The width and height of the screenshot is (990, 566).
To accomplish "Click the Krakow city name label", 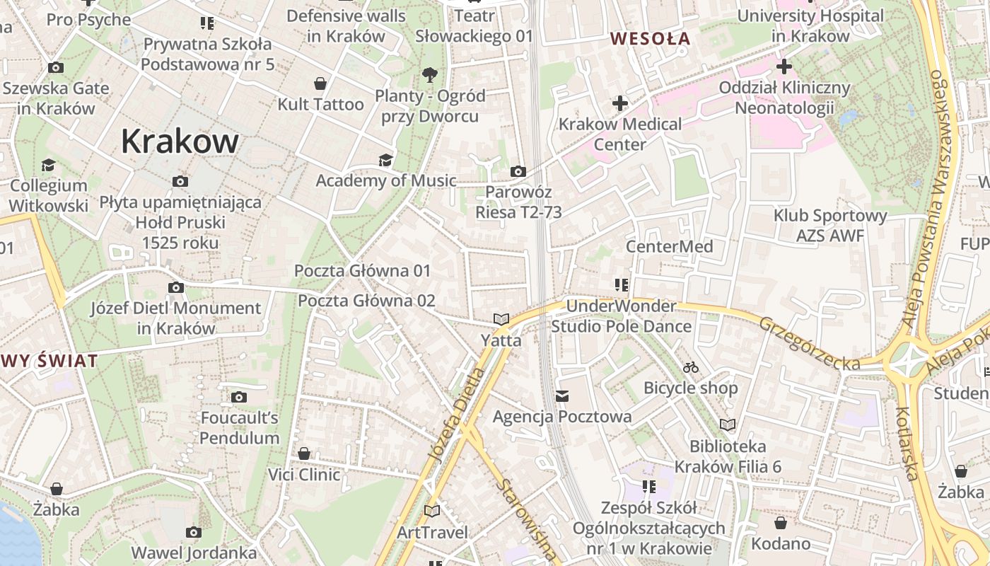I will pyautogui.click(x=180, y=141).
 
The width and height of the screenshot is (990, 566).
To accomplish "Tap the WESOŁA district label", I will pyautogui.click(x=650, y=38).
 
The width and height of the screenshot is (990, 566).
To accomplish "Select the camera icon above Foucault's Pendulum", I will pyautogui.click(x=239, y=397).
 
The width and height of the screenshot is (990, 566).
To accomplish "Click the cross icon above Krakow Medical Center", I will pyautogui.click(x=620, y=103).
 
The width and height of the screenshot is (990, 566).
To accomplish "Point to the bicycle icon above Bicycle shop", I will pyautogui.click(x=691, y=367).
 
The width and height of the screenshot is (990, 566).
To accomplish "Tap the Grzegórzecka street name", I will pyautogui.click(x=810, y=343).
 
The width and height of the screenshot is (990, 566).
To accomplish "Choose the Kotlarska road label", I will pyautogui.click(x=907, y=443).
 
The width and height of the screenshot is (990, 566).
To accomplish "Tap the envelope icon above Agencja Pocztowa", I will pyautogui.click(x=562, y=396).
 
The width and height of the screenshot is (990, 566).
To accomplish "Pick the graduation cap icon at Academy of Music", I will pyautogui.click(x=385, y=160).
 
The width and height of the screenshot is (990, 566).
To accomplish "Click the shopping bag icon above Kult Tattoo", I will pyautogui.click(x=320, y=83).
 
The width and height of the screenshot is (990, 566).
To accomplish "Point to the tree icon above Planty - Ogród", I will pyautogui.click(x=429, y=74).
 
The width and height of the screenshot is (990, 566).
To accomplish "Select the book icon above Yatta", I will pyautogui.click(x=501, y=320).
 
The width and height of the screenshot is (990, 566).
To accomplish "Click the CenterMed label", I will pyautogui.click(x=669, y=246).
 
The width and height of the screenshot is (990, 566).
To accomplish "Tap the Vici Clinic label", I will pyautogui.click(x=304, y=474).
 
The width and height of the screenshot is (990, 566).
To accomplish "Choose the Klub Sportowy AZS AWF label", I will pyautogui.click(x=830, y=225).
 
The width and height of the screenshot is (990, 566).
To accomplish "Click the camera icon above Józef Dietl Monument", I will pyautogui.click(x=176, y=287).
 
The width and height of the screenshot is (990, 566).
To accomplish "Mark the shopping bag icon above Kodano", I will pyautogui.click(x=781, y=523).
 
